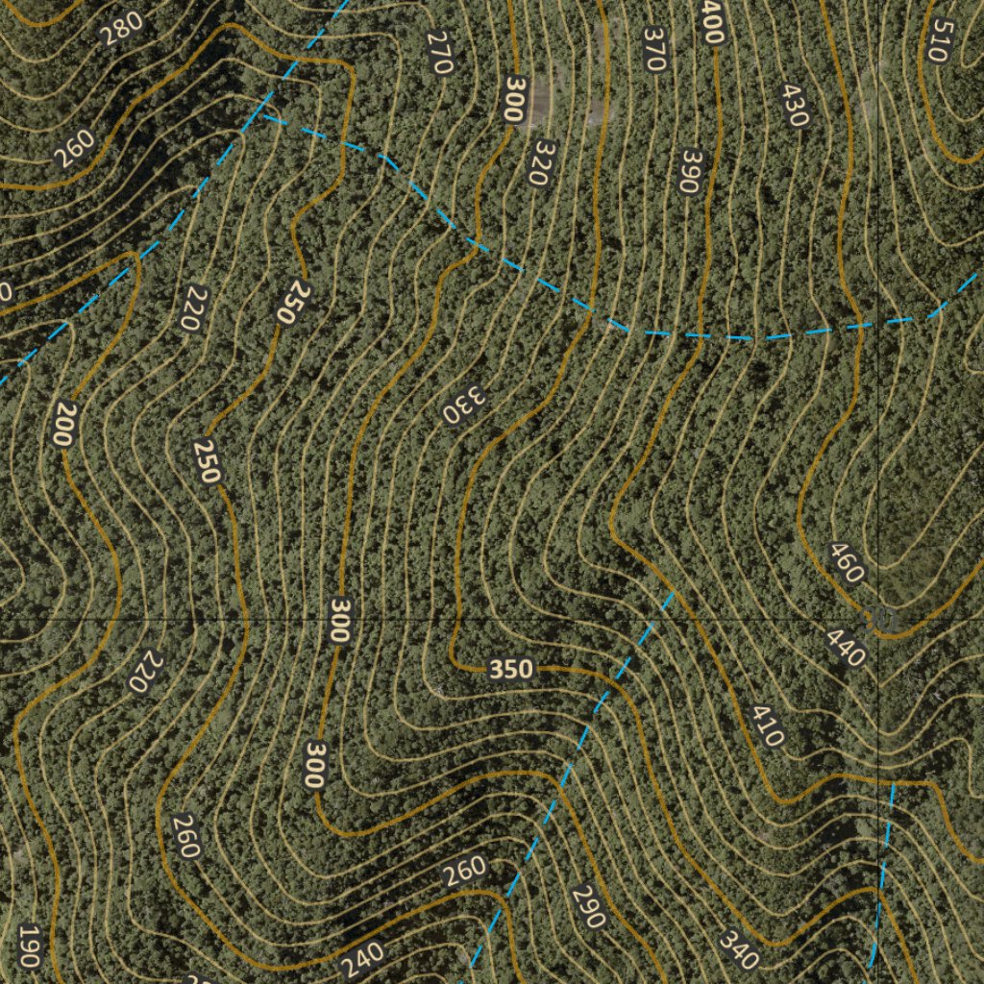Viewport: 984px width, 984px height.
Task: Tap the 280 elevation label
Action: point(123,29)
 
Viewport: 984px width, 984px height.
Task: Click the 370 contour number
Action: point(655,48)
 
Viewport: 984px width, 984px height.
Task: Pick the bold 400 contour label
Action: point(712,21)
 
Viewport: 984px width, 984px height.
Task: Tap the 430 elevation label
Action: point(794,106)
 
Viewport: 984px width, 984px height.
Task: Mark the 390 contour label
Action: point(688,171)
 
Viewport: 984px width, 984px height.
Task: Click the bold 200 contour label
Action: point(62,424)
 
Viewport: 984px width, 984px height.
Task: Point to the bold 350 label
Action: point(510,670)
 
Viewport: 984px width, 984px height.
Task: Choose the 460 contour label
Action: point(846,563)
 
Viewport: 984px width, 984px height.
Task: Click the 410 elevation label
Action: point(768,726)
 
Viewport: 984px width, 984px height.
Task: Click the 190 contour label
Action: point(29,947)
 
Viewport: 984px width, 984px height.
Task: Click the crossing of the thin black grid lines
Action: point(878,620)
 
